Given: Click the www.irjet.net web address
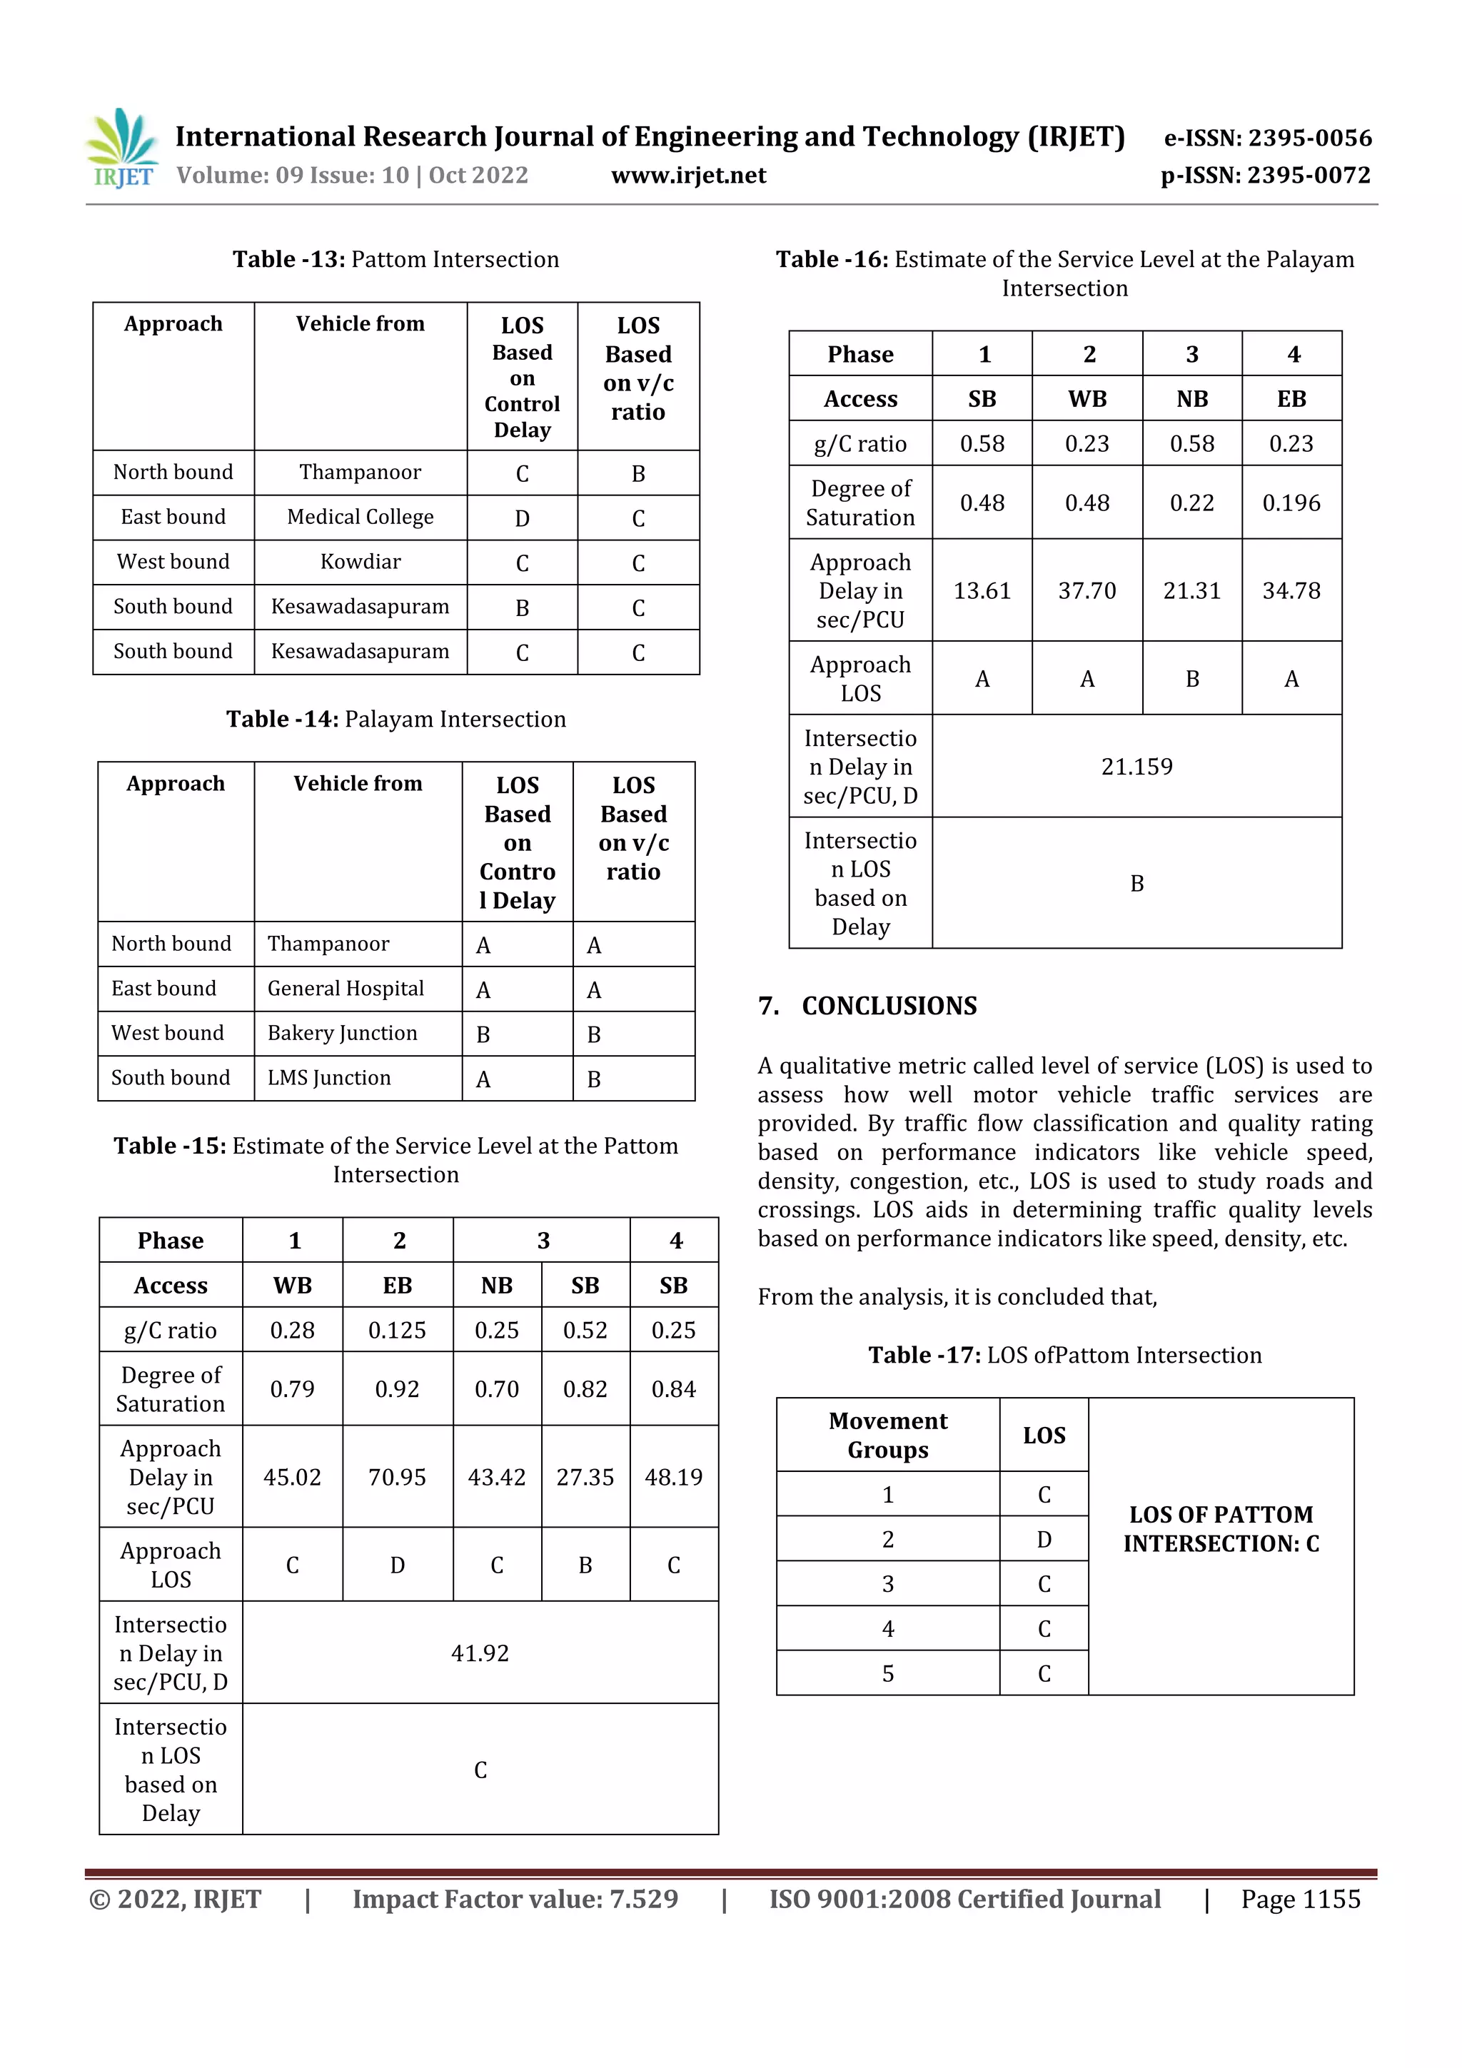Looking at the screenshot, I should pyautogui.click(x=688, y=176).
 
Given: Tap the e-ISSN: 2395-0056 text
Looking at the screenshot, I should pyautogui.click(x=1267, y=138).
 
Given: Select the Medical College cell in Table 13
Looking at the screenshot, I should pyautogui.click(x=361, y=517).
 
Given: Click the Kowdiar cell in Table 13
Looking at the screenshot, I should pyautogui.click(x=361, y=562).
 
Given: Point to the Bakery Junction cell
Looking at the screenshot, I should pyautogui.click(x=343, y=1033).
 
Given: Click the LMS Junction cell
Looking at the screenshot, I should pyautogui.click(x=330, y=1078).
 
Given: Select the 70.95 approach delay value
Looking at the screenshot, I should pyautogui.click(x=397, y=1477).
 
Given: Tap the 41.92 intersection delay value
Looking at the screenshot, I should pyautogui.click(x=480, y=1653).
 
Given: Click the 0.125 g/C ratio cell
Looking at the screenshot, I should pyautogui.click(x=397, y=1331).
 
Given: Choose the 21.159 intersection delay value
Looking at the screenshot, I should pyautogui.click(x=1136, y=767).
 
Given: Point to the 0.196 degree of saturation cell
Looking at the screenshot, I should pyautogui.click(x=1291, y=503).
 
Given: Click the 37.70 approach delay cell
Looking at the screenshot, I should pyautogui.click(x=1087, y=591).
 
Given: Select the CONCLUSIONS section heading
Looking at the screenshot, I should pyautogui.click(x=888, y=1006).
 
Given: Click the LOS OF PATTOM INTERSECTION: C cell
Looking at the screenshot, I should pyautogui.click(x=1221, y=1528).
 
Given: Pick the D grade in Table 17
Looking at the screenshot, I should pyautogui.click(x=1044, y=1539).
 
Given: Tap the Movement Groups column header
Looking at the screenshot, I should pyautogui.click(x=888, y=1435).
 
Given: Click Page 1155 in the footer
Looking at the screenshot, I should pyautogui.click(x=1300, y=1899).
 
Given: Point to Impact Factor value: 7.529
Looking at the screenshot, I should pyautogui.click(x=515, y=1899).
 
